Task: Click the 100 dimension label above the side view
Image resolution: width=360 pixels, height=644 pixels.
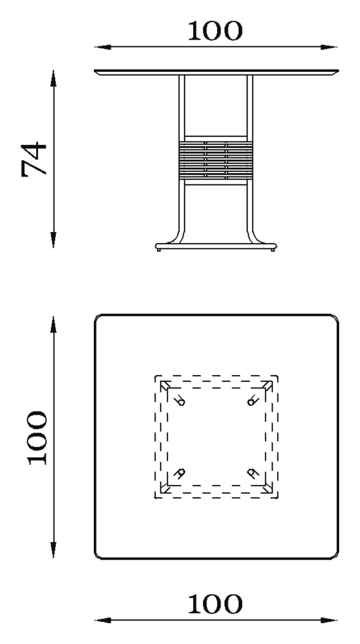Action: click(x=215, y=31)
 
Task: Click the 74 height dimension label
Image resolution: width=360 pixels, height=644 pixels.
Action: click(x=34, y=159)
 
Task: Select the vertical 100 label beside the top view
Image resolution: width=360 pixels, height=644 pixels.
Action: click(x=38, y=438)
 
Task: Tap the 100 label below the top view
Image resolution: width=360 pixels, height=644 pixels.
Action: click(x=215, y=604)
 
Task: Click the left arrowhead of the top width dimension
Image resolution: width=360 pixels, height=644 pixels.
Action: click(x=103, y=47)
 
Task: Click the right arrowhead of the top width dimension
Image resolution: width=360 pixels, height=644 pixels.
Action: click(x=328, y=47)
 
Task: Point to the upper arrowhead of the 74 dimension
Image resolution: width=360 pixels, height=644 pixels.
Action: click(x=54, y=78)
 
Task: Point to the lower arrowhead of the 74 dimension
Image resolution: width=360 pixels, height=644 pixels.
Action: click(x=54, y=239)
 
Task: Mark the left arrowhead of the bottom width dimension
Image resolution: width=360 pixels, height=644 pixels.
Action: click(x=103, y=620)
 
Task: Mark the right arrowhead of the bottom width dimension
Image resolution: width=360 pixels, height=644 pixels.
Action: click(x=328, y=620)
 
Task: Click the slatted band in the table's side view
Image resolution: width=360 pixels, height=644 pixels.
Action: click(x=216, y=160)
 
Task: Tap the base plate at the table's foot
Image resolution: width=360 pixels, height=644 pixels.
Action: click(x=216, y=246)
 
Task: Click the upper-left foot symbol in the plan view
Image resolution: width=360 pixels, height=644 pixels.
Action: click(x=180, y=400)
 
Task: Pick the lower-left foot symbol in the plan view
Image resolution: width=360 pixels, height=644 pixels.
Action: click(x=180, y=473)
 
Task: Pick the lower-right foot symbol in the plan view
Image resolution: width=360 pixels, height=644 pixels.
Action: click(x=253, y=473)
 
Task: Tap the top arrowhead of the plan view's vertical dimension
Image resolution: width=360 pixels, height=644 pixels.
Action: click(x=54, y=325)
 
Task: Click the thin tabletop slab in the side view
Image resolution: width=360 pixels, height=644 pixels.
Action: click(x=217, y=72)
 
